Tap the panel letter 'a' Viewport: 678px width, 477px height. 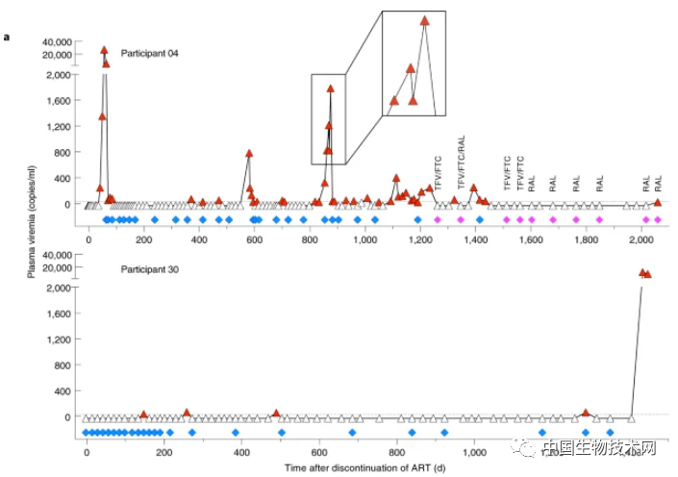(x=7, y=38)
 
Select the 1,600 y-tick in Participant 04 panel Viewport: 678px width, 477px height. (x=58, y=101)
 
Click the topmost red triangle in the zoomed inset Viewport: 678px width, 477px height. (x=424, y=20)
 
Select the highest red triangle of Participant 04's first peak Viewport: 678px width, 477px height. (x=104, y=50)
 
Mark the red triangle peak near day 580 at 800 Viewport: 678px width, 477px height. (x=249, y=153)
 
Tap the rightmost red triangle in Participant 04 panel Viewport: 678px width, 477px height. (x=658, y=202)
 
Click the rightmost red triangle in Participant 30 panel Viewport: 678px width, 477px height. (x=648, y=275)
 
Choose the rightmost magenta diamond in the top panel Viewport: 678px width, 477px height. (x=657, y=220)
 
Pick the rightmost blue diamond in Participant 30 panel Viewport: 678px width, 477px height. (x=610, y=433)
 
